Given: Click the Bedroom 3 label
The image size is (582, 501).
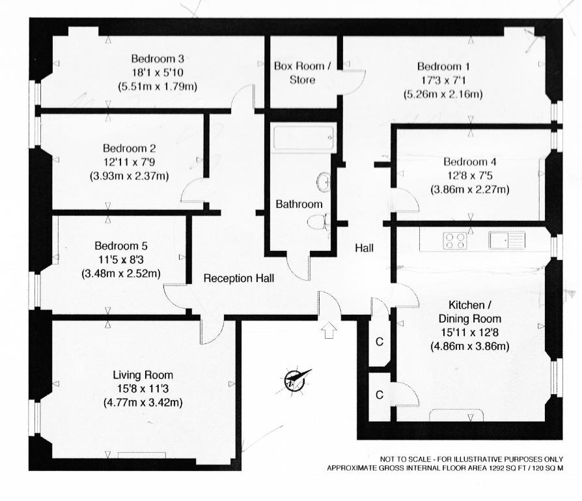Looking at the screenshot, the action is pos(158,59).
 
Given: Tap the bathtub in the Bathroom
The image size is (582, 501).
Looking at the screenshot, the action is pos(303,137).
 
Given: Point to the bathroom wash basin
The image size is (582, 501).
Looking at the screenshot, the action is pos(324,182).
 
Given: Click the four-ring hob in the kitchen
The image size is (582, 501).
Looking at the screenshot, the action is pos(454,240).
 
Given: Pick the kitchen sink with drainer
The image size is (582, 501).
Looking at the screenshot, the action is pos(507,240).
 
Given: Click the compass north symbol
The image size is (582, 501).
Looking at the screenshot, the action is pos(296,380).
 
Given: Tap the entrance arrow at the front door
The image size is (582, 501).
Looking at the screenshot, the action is pos(329,330).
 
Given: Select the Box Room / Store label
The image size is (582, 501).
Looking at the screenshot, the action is pos(303,73).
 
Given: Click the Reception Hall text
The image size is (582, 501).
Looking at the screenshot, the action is pos(239,278).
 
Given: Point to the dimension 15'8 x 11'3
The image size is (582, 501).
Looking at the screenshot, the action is pos(143,389).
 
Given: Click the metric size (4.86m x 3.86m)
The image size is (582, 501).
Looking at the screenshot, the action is pos(469,346).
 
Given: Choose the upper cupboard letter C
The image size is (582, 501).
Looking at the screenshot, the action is pos(380,341).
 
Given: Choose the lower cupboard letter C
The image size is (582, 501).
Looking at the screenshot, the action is pos(380,395).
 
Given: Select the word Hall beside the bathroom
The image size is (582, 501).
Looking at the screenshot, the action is pos(364,248).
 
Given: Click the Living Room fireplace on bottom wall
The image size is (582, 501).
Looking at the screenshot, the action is pos(142,455).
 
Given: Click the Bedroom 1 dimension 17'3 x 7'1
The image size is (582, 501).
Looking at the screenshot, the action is pos(443,80).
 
